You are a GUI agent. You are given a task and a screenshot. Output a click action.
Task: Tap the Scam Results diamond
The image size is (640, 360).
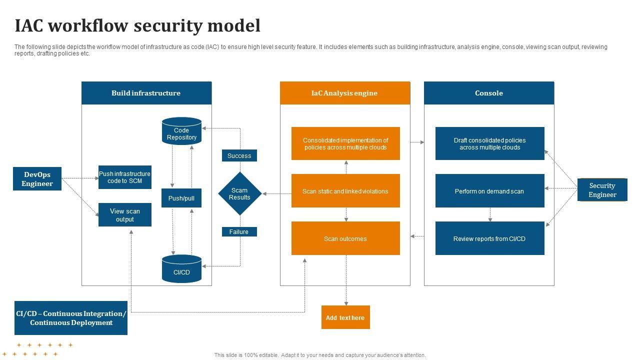click(239, 193)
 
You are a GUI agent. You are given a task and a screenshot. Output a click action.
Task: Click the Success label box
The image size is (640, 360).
click(239, 155)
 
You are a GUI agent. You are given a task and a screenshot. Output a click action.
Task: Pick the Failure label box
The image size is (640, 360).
click(239, 231)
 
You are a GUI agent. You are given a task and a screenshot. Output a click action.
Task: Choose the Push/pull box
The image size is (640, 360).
click(181, 198)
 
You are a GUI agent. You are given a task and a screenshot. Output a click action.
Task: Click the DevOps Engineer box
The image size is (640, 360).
click(37, 178)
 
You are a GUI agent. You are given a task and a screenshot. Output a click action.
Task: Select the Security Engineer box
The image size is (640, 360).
click(602, 190)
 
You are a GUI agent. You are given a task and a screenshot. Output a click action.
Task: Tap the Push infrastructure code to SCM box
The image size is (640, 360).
click(124, 177)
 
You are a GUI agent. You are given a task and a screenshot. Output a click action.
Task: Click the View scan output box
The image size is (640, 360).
click(124, 215)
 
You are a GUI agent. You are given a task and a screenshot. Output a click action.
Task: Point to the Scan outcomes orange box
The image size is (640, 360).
click(345, 238)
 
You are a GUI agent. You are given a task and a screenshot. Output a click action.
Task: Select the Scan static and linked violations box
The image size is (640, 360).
click(345, 191)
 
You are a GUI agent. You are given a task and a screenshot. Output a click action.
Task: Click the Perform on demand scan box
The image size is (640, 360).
click(489, 191)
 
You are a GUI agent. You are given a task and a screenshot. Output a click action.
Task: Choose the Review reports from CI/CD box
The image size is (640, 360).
click(489, 238)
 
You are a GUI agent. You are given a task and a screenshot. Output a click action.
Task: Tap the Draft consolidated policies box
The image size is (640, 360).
click(489, 143)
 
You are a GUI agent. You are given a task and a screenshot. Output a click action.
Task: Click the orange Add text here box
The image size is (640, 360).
click(345, 317)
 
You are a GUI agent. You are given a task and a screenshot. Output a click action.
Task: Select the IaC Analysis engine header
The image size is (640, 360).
click(345, 93)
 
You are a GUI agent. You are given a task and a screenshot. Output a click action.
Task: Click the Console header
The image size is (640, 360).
click(489, 93)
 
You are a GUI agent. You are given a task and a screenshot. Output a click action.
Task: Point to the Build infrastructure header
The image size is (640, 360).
click(146, 93)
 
